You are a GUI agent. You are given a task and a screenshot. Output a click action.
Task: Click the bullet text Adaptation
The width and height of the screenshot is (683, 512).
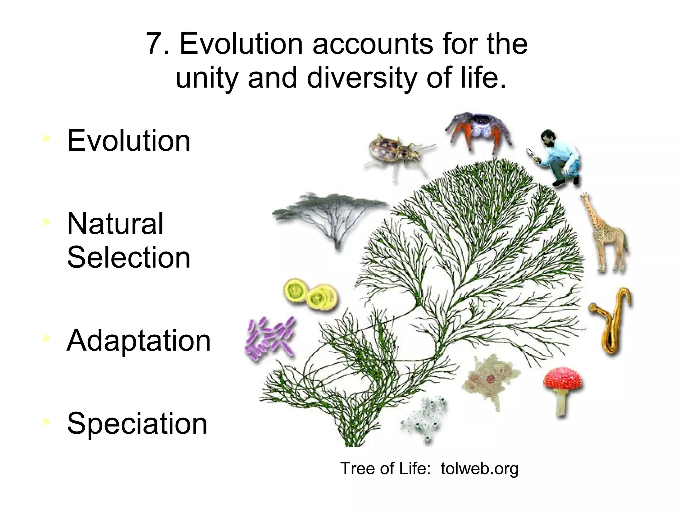pos(139,341)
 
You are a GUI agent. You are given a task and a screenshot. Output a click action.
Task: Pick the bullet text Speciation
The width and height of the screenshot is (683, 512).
pos(137,424)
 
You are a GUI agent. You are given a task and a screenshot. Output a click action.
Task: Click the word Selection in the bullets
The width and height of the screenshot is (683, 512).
pos(129,257)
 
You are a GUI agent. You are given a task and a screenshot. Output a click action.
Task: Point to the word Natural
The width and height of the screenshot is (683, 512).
pos(115,224)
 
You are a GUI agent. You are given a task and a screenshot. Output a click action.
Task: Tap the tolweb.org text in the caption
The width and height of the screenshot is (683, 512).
pos(479,468)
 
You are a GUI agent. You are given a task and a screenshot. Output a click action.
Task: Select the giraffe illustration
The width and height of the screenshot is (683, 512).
pos(604,233)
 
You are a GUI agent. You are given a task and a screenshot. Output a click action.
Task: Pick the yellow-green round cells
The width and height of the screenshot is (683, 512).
pos(310,295)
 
